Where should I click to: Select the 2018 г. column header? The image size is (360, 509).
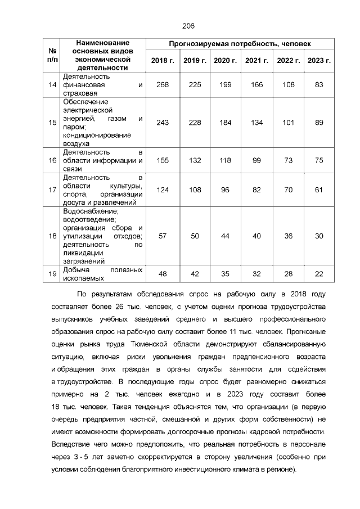(163, 60)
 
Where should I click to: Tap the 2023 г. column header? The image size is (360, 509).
(319, 60)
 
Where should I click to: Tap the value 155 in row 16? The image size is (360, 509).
(163, 160)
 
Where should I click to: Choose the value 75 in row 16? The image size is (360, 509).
(319, 160)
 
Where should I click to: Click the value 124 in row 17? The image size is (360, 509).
(163, 190)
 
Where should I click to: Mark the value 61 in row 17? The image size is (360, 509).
(319, 190)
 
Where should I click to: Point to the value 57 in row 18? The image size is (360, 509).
(163, 236)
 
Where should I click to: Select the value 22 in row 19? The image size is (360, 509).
(319, 273)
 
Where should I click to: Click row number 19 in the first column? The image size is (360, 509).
(53, 273)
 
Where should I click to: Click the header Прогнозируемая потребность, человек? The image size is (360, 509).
(240, 44)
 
